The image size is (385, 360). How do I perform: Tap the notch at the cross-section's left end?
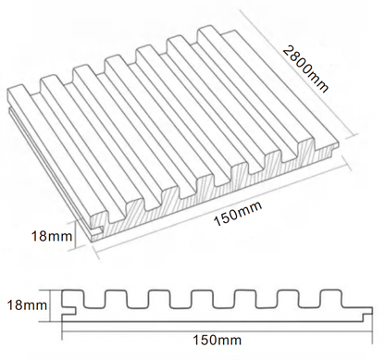click(x=68, y=300)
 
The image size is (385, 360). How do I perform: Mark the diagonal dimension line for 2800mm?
click(x=305, y=88)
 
